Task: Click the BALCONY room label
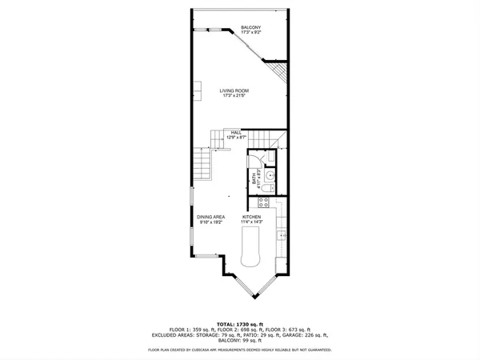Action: point(250,28)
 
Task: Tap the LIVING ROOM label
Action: point(237,91)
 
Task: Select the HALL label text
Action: point(236,133)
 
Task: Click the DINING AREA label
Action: point(211,217)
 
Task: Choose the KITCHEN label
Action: point(253,217)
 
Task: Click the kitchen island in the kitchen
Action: point(251,248)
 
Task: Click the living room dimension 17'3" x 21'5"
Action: point(237,97)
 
